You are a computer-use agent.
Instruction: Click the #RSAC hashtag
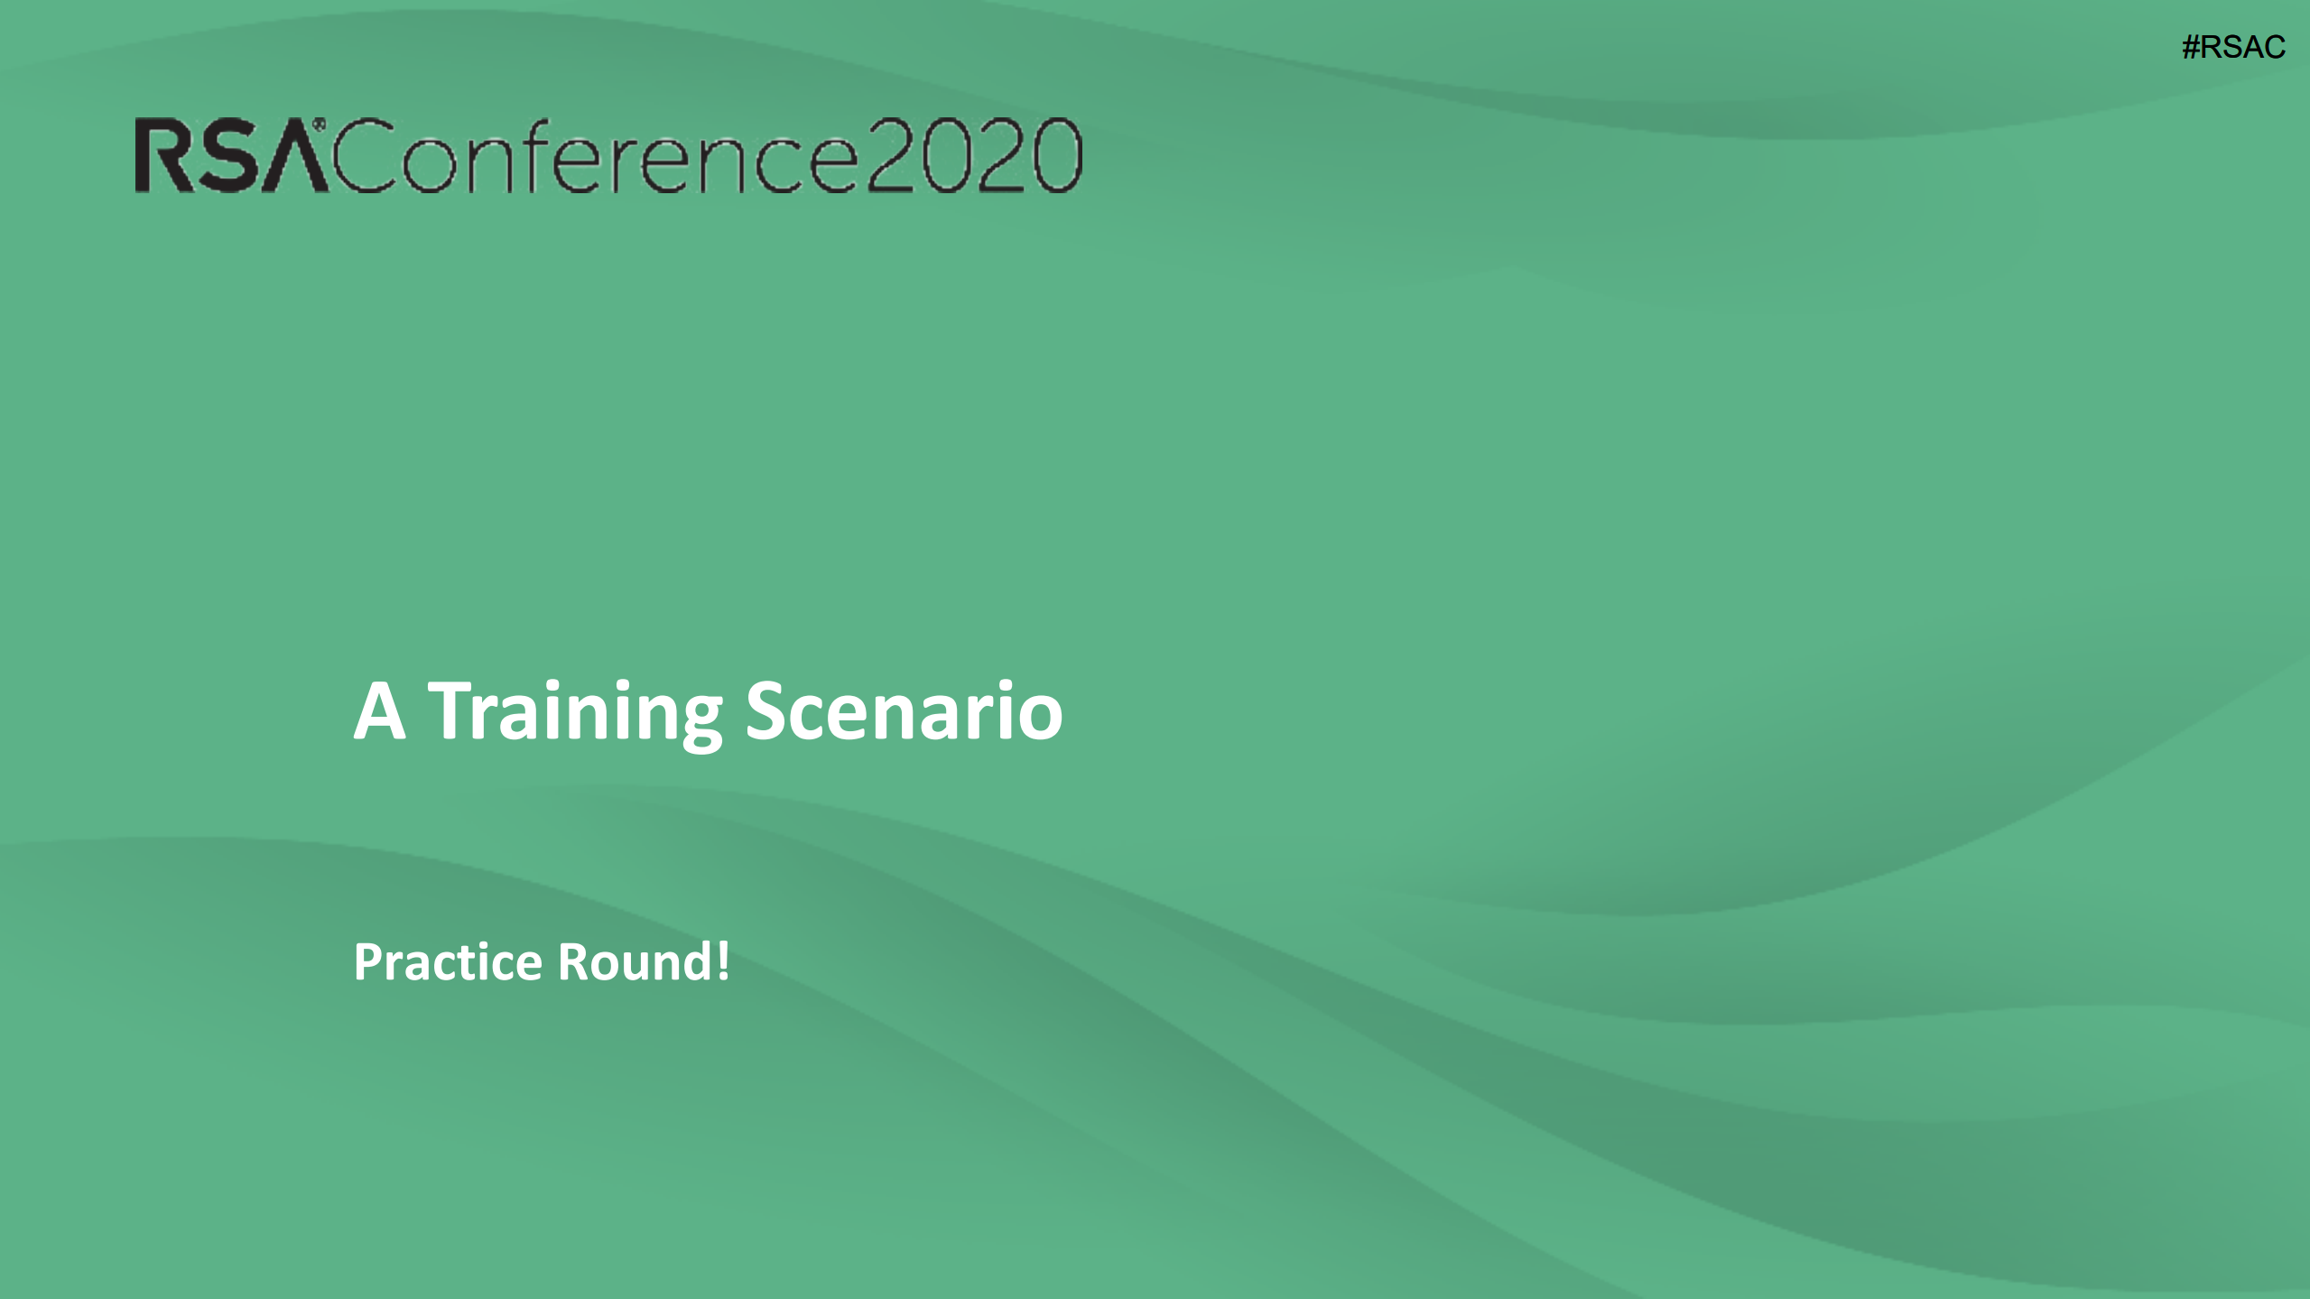click(x=2233, y=47)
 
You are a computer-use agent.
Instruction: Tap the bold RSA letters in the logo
click(x=231, y=156)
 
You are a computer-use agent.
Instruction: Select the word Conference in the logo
click(x=595, y=155)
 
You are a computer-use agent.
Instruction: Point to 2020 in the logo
click(x=974, y=155)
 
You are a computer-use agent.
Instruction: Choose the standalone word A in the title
click(x=379, y=711)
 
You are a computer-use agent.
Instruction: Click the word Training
click(x=575, y=714)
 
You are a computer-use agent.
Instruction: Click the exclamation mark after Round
click(x=722, y=961)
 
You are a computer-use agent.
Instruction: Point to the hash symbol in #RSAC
click(x=2191, y=47)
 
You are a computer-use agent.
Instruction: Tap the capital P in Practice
click(x=368, y=962)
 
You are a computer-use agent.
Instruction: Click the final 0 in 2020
click(x=1057, y=155)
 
